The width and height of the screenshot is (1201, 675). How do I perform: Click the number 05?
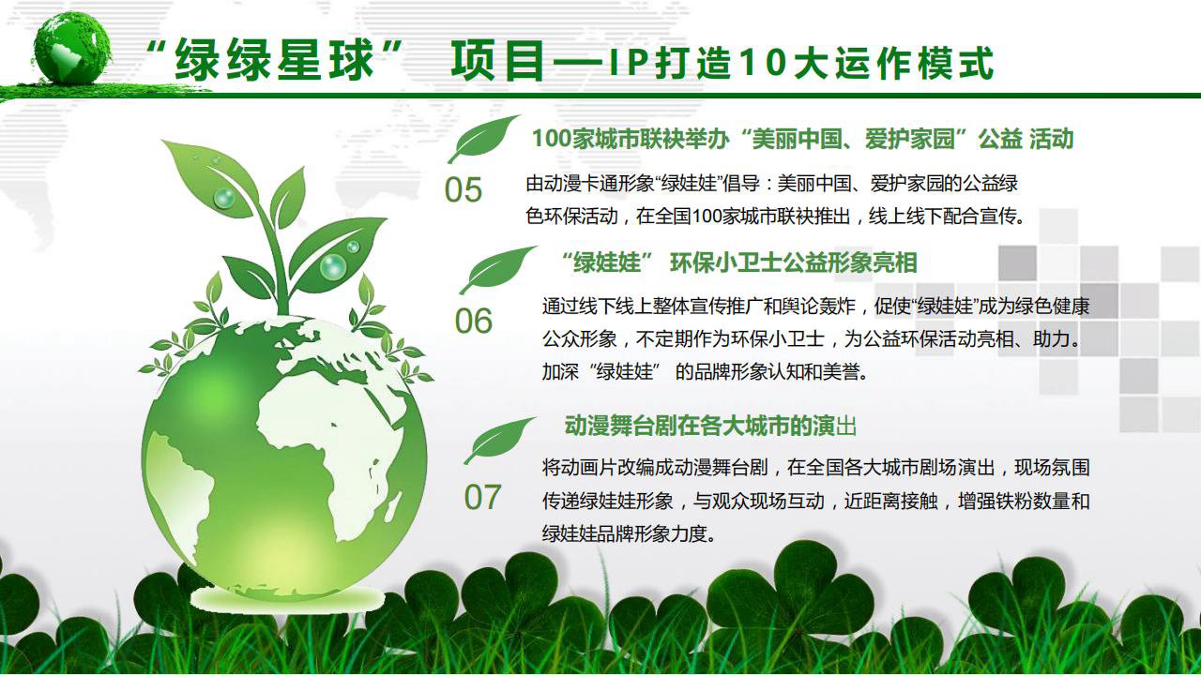[x=464, y=189]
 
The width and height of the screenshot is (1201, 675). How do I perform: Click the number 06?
[x=474, y=321]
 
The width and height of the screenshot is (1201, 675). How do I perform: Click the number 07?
[x=482, y=497]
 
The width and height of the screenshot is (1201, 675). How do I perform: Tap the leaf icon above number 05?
[x=482, y=138]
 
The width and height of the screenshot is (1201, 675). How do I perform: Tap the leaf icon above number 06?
[x=497, y=269]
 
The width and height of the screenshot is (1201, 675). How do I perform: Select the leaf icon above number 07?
[x=498, y=440]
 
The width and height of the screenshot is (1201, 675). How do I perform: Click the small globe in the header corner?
[x=72, y=48]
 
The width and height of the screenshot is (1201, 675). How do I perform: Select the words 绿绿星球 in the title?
[x=274, y=62]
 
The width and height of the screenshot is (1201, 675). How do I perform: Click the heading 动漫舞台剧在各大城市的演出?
[x=710, y=426]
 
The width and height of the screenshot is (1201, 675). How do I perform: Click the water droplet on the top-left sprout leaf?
[x=224, y=198]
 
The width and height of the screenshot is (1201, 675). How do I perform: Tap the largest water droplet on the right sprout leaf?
[x=332, y=266]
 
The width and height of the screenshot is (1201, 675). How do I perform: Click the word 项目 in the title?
[x=497, y=62]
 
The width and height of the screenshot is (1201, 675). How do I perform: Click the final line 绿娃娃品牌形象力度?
[x=629, y=533]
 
